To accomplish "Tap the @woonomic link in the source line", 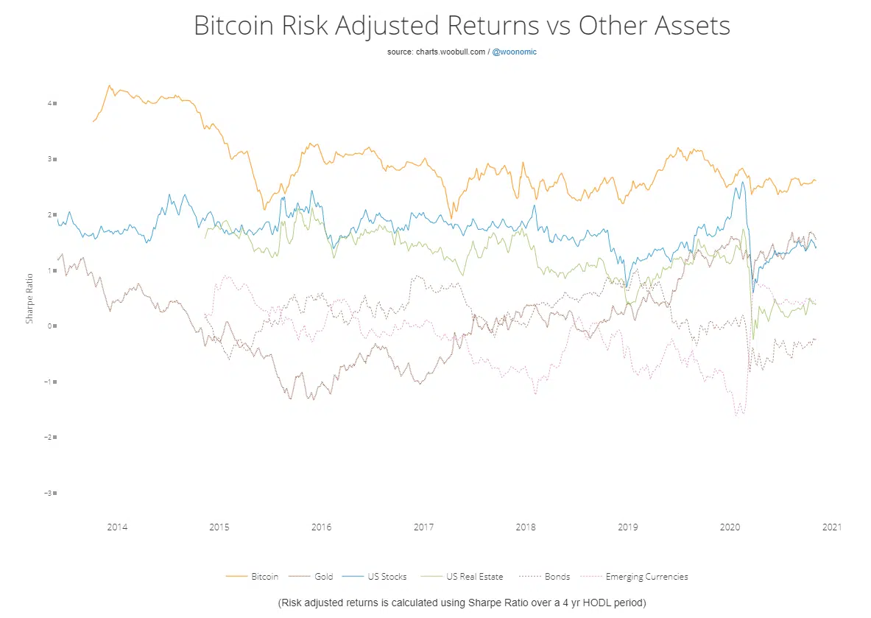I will [x=514, y=52].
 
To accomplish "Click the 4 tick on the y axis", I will [x=50, y=103].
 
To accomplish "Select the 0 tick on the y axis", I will [x=50, y=326].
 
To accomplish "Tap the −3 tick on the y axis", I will [x=49, y=493].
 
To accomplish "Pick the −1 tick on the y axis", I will [x=49, y=382].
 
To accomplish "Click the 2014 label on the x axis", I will [x=117, y=527].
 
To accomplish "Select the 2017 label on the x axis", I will [x=423, y=527].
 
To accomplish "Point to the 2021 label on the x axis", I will [x=832, y=527].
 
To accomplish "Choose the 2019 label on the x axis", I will [x=627, y=527].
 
